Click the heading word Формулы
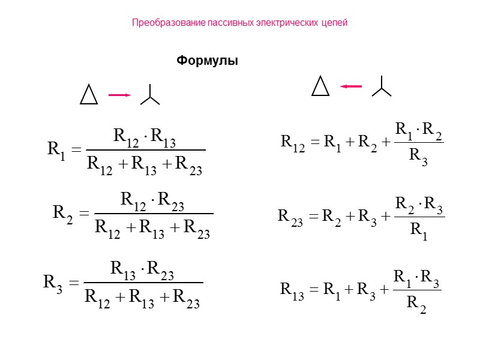pos(207,61)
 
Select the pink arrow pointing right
pos(119,95)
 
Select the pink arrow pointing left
pos(351,86)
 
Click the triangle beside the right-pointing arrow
pos(89,94)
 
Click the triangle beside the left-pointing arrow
pos(320,86)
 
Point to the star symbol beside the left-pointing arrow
pos(381,87)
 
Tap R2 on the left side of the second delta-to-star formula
pos(63,212)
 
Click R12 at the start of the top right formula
pos(293,142)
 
